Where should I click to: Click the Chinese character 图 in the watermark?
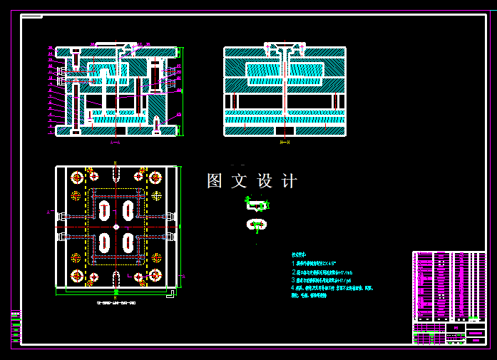click(x=215, y=181)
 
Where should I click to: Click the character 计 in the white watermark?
click(x=289, y=181)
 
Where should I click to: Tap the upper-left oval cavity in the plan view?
click(x=105, y=210)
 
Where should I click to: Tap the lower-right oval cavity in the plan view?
click(x=128, y=242)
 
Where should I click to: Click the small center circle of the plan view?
click(x=116, y=227)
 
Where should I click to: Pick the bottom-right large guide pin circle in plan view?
click(x=155, y=276)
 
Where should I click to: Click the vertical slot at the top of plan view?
click(x=116, y=172)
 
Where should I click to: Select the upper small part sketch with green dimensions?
click(x=257, y=205)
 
